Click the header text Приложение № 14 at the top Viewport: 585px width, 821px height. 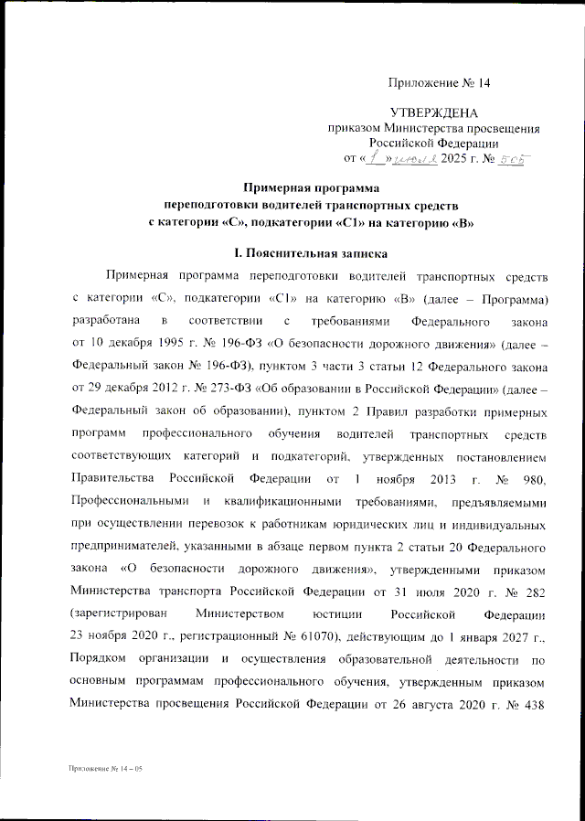pos(440,83)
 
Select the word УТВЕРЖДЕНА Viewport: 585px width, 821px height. pos(434,113)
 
